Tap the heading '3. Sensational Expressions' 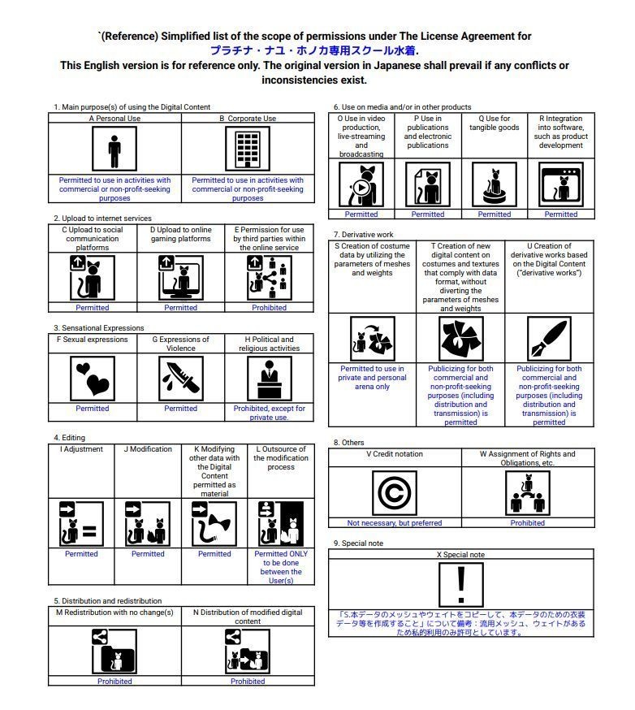[99, 328]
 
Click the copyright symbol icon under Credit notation [395, 493]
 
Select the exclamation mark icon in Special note [460, 584]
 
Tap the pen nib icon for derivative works [549, 338]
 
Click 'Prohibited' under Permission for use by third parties [269, 308]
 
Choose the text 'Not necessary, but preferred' [395, 523]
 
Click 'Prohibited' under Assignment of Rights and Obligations [528, 523]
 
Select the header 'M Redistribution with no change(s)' [114, 613]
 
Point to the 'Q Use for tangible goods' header [495, 123]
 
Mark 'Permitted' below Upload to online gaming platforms [180, 308]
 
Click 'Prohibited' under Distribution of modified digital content [248, 682]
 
